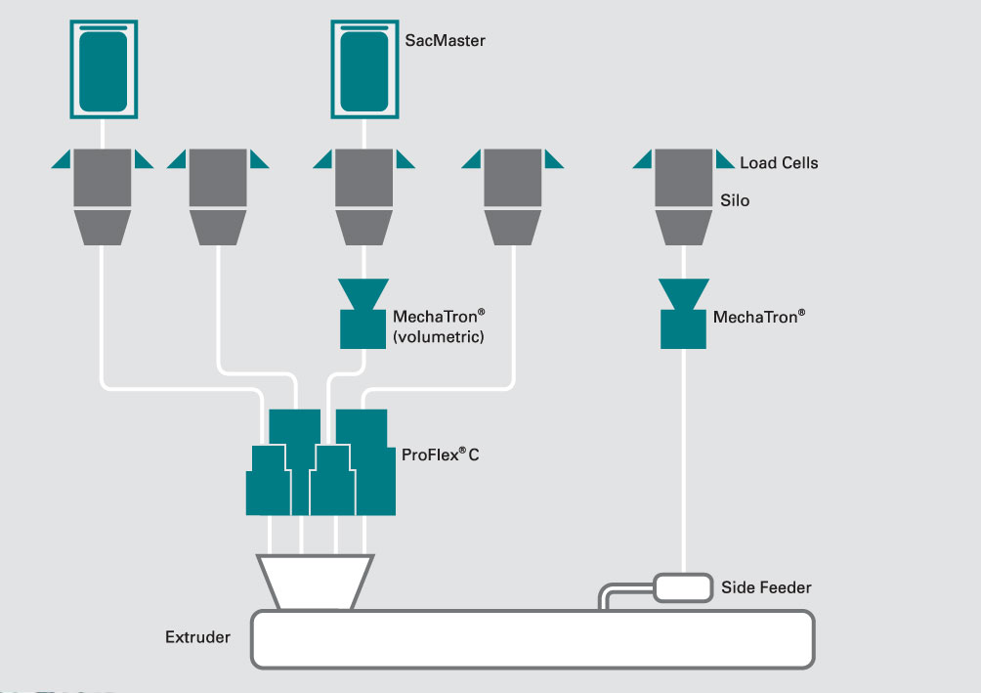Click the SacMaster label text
click(x=445, y=41)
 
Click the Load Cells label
click(x=779, y=163)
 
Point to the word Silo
click(x=735, y=199)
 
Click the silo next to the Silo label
click(x=683, y=195)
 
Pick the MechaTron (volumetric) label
click(x=439, y=326)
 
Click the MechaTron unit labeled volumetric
click(x=363, y=314)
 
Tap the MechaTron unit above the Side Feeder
click(x=684, y=314)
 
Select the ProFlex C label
click(x=440, y=455)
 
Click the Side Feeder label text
click(x=766, y=587)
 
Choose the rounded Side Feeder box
click(x=682, y=587)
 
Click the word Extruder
click(x=197, y=637)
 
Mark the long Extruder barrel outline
click(x=533, y=639)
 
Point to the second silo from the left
click(x=218, y=195)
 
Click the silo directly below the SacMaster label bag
click(x=363, y=195)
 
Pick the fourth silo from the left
click(x=513, y=195)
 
